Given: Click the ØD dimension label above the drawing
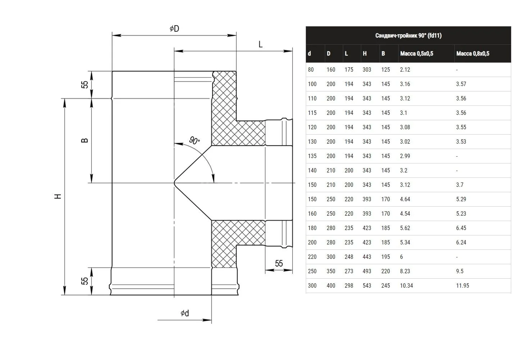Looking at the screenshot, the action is [174, 29].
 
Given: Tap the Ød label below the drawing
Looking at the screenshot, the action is [185, 313].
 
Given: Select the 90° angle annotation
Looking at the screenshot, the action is [194, 140].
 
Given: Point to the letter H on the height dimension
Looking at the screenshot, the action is [58, 196].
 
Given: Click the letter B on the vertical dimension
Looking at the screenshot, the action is [85, 140].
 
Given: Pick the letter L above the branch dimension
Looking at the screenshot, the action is [260, 44].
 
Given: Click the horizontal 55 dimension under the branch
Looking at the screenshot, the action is [279, 264].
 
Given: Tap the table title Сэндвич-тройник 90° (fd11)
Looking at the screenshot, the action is [408, 35].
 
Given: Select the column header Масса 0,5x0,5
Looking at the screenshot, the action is [417, 54].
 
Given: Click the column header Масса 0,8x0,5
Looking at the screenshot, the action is [473, 54].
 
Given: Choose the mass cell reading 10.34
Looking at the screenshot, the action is [407, 285].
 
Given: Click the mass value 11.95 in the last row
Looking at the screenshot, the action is [463, 285].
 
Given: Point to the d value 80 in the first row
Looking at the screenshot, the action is [310, 70].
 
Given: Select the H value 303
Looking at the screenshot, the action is [367, 70].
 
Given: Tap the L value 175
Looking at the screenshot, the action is [349, 70].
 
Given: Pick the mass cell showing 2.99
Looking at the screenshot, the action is [405, 156].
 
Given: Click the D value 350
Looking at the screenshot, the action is [331, 271].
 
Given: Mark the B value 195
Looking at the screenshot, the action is [386, 257].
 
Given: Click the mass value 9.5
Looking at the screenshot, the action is [460, 271].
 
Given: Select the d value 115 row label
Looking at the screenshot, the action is [312, 113].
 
